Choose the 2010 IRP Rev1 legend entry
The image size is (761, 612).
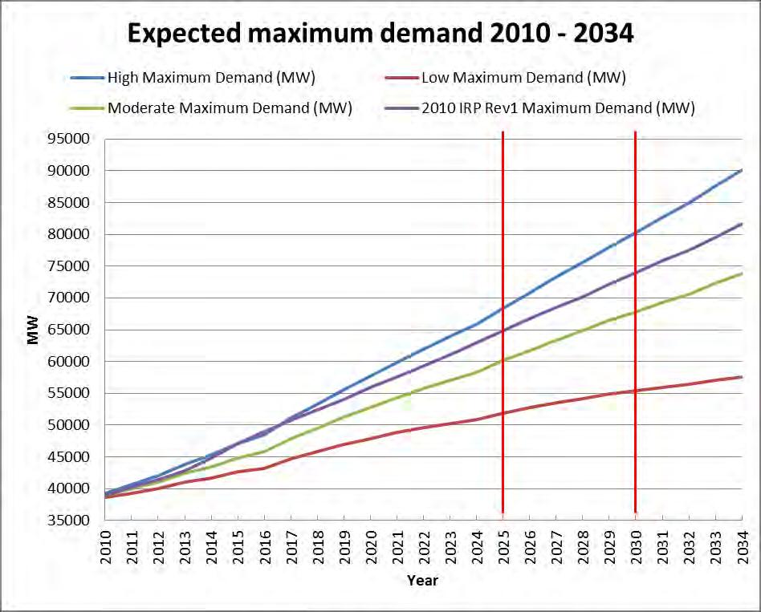coord(558,108)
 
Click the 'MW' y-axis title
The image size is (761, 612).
coord(33,330)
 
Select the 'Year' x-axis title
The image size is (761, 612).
coord(422,579)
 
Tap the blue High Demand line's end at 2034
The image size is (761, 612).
coord(740,170)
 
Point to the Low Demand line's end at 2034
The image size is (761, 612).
coord(740,377)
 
